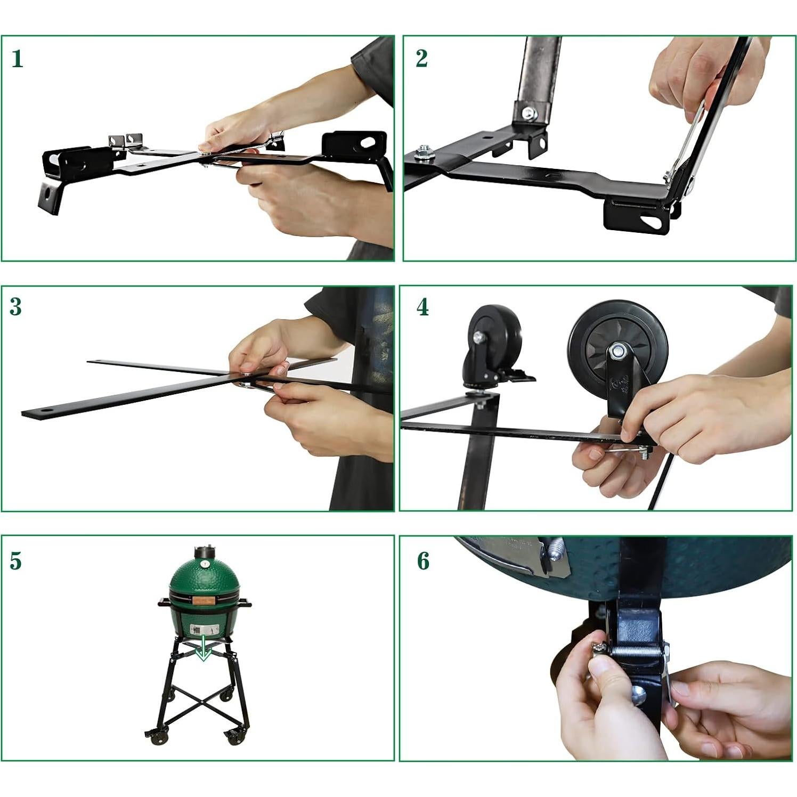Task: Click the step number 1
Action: coord(17,59)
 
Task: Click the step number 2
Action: coord(421,59)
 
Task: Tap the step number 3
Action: coord(16,307)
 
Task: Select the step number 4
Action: coord(422,307)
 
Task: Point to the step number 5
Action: coord(16,561)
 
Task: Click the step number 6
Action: coord(423,561)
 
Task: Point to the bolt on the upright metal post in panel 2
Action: coord(529,113)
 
